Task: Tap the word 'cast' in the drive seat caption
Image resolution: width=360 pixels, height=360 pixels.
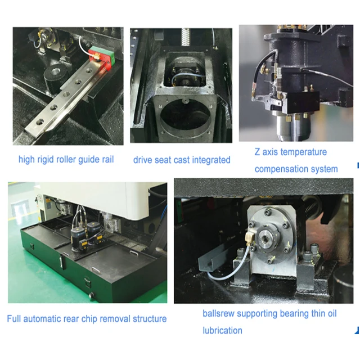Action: click(182, 160)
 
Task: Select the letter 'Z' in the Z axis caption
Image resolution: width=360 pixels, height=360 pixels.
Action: click(258, 152)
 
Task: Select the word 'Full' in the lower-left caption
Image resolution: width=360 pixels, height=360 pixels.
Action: click(15, 319)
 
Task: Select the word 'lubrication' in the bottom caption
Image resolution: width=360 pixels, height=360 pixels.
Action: click(223, 330)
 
